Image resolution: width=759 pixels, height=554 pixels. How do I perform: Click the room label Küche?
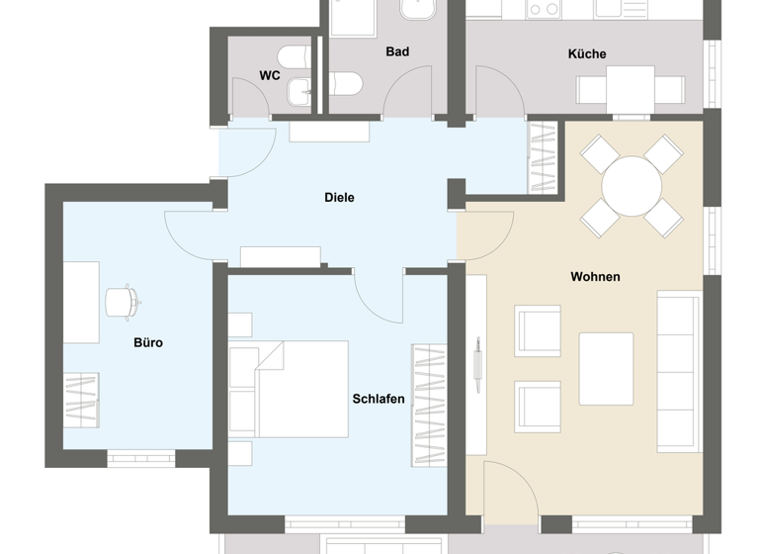coord(587,53)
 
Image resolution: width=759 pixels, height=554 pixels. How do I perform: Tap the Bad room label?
coord(397,51)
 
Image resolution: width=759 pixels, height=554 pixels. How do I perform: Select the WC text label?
coord(270,75)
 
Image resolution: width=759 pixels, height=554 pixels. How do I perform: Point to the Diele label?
coord(339,198)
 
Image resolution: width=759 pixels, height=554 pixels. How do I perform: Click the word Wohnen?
coord(595,277)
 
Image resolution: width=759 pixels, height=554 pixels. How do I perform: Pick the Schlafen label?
coord(379,399)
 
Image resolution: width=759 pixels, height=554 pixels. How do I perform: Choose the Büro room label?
coord(148,343)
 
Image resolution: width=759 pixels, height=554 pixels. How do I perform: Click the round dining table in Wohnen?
coord(632,185)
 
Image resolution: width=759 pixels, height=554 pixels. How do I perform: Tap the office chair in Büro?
coord(121,302)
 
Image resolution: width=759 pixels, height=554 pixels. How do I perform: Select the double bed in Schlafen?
coord(289,389)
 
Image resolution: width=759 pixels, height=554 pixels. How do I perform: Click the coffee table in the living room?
coord(606,368)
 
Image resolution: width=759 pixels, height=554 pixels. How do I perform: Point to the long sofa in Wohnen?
coord(678,368)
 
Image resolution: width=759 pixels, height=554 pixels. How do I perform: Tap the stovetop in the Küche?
coord(544,9)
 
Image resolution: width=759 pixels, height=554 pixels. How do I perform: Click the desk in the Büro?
coord(82,302)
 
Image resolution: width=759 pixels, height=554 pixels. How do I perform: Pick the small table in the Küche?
coord(630,85)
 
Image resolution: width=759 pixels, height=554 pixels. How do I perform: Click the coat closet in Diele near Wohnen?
coord(544,156)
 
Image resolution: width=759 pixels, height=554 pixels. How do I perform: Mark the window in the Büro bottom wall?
coord(140,458)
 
